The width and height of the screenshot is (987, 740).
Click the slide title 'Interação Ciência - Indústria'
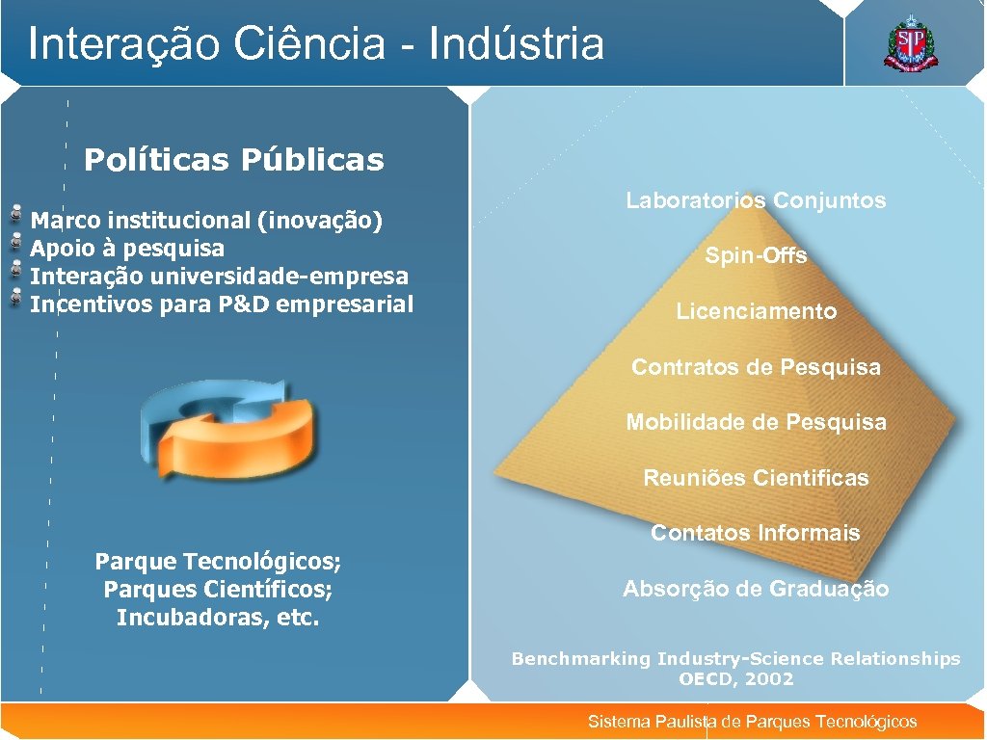316,43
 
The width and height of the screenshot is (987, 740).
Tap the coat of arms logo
909,43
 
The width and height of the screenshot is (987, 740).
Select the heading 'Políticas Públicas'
233,160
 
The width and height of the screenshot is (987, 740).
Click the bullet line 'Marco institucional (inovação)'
207,221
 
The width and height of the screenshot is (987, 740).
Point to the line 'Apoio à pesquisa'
127,249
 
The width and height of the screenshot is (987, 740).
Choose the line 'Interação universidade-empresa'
220,277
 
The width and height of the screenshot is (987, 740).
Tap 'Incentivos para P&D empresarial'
222,304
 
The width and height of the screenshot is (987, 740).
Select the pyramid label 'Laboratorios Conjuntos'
756,201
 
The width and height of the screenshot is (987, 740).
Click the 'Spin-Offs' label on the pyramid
756,256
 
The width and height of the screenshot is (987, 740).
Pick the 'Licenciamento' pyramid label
756,311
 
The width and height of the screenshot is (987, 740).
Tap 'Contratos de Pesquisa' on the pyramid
756,367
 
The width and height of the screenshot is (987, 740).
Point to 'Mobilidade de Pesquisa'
756,422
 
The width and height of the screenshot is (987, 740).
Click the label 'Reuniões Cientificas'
756,478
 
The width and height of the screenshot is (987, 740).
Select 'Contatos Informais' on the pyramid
756,533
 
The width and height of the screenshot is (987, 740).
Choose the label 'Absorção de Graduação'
756,589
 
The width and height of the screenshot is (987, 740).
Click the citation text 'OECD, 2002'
735,679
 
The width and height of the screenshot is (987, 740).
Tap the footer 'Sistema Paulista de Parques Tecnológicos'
752,722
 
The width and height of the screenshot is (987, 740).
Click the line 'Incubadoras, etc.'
217,618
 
